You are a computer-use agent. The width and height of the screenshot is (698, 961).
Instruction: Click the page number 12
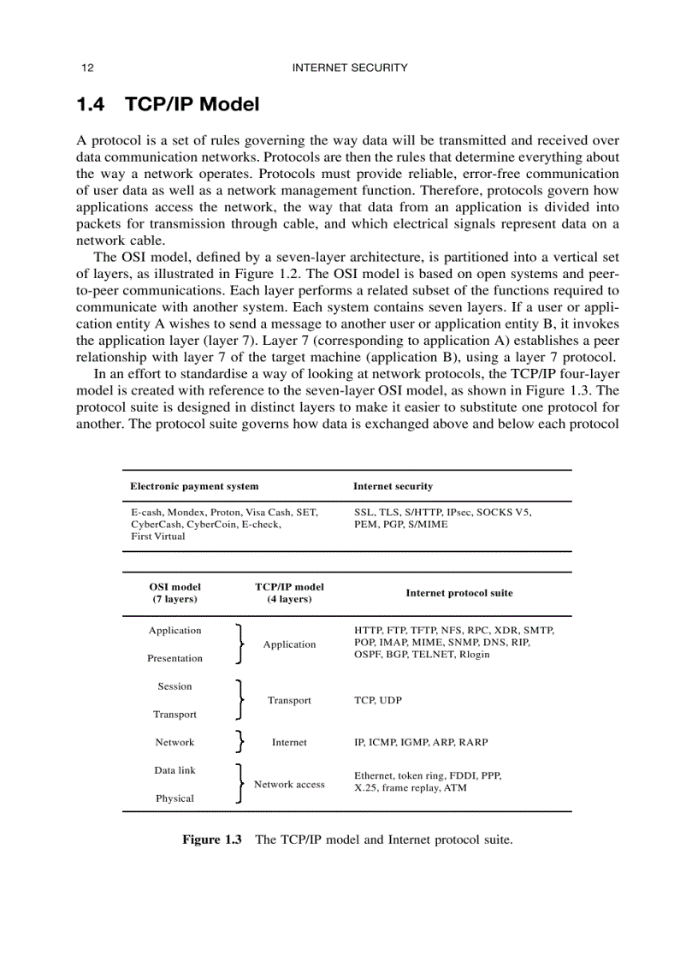point(86,68)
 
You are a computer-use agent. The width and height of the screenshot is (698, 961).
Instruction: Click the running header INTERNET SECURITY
point(350,68)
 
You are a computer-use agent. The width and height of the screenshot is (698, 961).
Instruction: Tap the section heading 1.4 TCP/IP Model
point(168,105)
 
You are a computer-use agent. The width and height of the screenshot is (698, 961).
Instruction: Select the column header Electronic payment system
point(194,486)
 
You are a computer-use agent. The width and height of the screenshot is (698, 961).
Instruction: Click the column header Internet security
point(393,486)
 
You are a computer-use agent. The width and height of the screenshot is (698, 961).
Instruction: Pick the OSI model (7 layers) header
point(174,593)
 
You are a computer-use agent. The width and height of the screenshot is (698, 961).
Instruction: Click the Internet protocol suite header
point(458,592)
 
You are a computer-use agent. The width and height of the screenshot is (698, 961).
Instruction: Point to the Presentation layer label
point(174,658)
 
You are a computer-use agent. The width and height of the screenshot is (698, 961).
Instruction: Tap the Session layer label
point(174,686)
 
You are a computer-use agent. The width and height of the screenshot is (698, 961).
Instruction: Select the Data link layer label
point(174,770)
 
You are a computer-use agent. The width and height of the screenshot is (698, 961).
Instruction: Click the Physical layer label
point(174,798)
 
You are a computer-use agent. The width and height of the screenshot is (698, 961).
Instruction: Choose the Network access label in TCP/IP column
point(289,784)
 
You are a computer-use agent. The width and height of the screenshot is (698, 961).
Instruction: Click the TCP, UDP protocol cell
point(377,700)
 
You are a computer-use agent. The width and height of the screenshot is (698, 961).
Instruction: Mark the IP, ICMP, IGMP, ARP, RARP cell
point(421,742)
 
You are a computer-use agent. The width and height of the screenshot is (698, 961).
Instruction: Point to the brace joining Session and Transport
point(240,700)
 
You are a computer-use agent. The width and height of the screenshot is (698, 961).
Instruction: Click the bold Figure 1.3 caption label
point(212,839)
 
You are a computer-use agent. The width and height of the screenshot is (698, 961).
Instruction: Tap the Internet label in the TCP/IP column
point(289,742)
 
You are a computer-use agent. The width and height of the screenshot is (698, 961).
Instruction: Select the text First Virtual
point(157,537)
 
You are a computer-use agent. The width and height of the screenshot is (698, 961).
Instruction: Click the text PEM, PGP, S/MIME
point(400,524)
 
